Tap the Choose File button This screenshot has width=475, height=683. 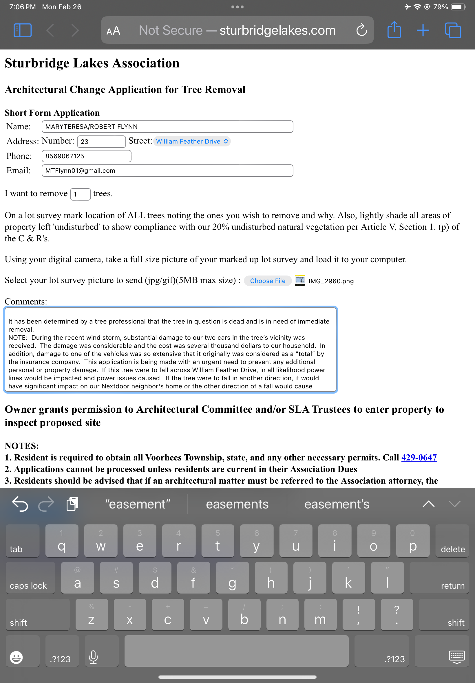point(267,281)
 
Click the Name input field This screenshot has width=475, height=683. point(167,127)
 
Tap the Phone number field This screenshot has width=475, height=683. point(86,156)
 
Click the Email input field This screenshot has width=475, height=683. point(167,171)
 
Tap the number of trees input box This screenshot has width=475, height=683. point(80,194)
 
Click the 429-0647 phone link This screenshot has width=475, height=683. point(419,457)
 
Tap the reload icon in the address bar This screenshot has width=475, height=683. point(361,30)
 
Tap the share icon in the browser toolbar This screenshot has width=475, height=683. point(394,30)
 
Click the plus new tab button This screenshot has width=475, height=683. point(423,30)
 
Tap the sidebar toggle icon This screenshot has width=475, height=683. point(23,30)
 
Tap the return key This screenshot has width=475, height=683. point(439,578)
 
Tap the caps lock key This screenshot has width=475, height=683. point(30,578)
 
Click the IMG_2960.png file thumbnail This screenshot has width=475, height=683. point(300,280)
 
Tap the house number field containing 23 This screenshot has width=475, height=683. point(101,142)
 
